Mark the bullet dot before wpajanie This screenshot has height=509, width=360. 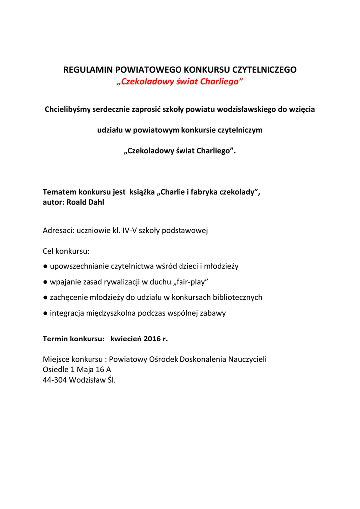45,282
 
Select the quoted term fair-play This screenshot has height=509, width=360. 191,282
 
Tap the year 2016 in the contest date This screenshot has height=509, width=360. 152,339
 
